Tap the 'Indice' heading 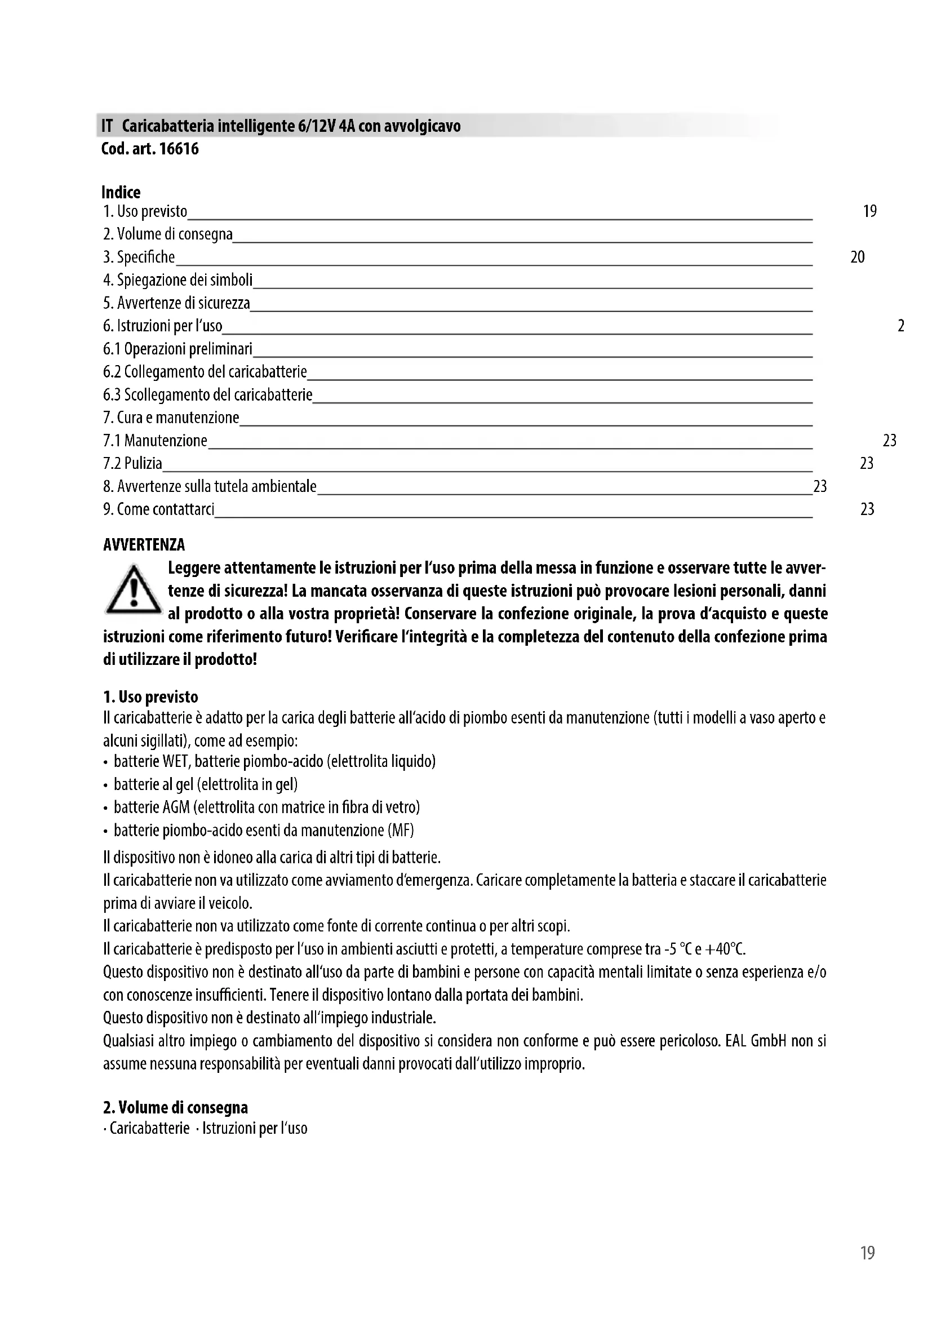pyautogui.click(x=121, y=192)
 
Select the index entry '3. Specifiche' pyautogui.click(x=139, y=257)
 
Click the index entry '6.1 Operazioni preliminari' pyautogui.click(x=178, y=349)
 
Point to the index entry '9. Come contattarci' pyautogui.click(x=158, y=509)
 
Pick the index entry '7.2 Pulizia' pyautogui.click(x=132, y=463)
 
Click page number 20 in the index pyautogui.click(x=858, y=257)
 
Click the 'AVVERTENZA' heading pyautogui.click(x=144, y=545)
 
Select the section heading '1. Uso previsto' pyautogui.click(x=150, y=698)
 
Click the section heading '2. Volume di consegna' pyautogui.click(x=175, y=1108)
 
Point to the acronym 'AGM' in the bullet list pyautogui.click(x=176, y=807)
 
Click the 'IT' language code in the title pyautogui.click(x=106, y=126)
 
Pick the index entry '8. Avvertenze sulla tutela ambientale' pyautogui.click(x=210, y=487)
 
